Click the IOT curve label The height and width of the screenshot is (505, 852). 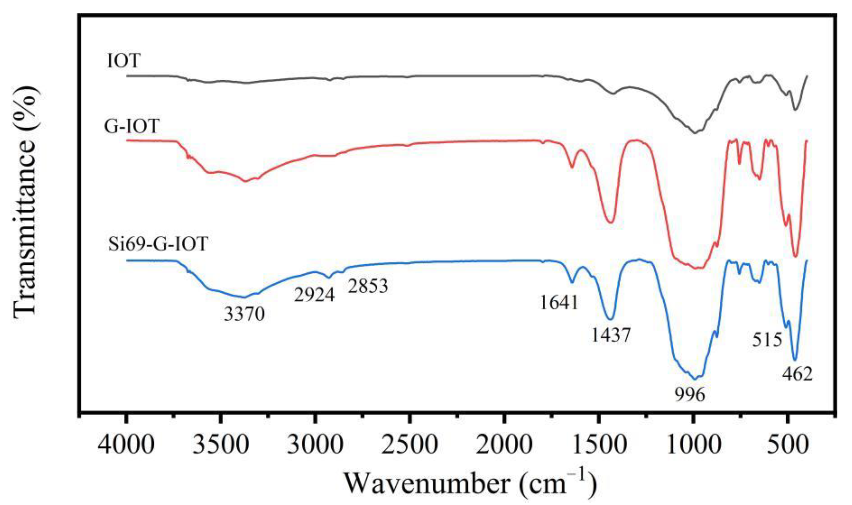[x=124, y=61]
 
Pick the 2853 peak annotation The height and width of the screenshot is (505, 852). [x=368, y=286]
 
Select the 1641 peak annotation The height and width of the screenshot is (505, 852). [x=559, y=302]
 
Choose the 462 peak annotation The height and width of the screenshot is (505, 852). [x=797, y=375]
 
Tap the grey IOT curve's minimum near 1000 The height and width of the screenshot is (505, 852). [x=694, y=133]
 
